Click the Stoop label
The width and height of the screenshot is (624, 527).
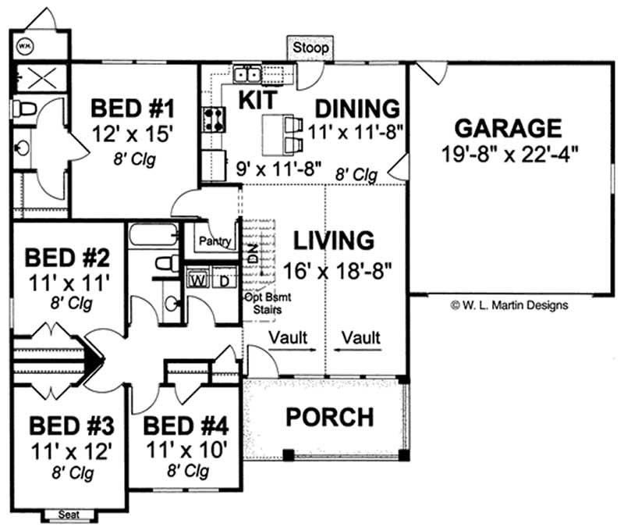(x=310, y=48)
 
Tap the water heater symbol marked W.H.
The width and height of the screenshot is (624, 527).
(x=25, y=46)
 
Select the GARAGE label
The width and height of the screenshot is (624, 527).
(x=509, y=128)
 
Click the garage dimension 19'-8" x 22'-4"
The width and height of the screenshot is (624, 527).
(x=510, y=154)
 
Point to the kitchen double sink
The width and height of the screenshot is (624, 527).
(x=247, y=74)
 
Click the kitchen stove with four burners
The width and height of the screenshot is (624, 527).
(x=214, y=119)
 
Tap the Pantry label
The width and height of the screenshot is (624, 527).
(x=215, y=241)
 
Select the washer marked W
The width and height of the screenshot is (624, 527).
(x=198, y=280)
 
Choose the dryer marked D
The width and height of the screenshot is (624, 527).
(x=225, y=281)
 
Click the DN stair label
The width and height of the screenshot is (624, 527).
(x=253, y=253)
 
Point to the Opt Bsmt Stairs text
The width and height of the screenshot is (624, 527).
(x=268, y=303)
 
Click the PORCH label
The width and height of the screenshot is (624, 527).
(x=330, y=417)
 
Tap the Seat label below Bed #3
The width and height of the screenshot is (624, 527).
(x=69, y=515)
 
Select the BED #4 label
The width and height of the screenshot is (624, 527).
(x=186, y=426)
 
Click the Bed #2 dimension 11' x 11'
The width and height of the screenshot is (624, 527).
(x=69, y=283)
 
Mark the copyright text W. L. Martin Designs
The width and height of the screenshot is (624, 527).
(x=509, y=305)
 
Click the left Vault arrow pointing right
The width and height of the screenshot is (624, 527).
(x=292, y=350)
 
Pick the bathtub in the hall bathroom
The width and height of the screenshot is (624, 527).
(x=154, y=235)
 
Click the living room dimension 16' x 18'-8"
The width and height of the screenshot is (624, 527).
(x=338, y=271)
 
